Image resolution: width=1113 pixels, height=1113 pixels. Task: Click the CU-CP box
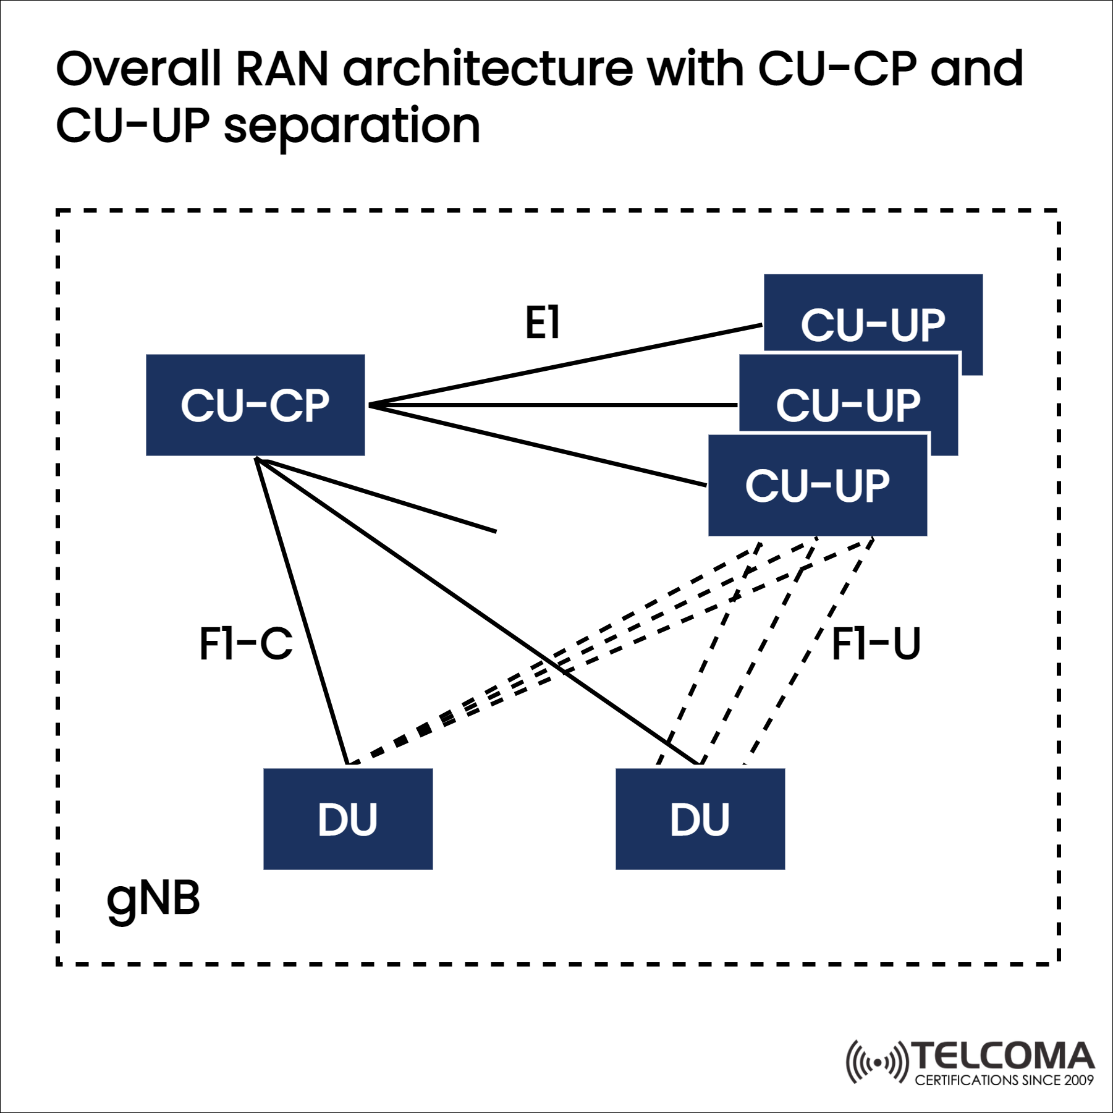pos(255,405)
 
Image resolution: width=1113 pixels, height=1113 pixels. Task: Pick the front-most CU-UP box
pos(817,485)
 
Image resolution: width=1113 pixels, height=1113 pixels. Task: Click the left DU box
pos(347,819)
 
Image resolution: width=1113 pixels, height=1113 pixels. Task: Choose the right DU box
pos(700,819)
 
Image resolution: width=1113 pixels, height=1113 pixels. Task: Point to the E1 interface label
pos(542,323)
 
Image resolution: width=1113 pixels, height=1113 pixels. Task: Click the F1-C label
pos(245,644)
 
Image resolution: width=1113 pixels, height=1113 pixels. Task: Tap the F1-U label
pos(876,644)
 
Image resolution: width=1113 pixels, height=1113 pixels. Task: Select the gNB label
pos(153,899)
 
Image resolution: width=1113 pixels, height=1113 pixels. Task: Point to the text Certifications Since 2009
pos(1004,1080)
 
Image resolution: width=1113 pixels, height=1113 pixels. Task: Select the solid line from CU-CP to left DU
pos(302,612)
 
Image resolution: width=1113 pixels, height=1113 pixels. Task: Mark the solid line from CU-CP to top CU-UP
pos(565,365)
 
